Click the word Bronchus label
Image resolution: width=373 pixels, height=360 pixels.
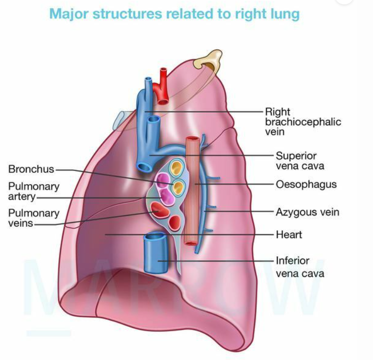tap(31, 169)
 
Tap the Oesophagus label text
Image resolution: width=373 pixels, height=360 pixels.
tap(306, 185)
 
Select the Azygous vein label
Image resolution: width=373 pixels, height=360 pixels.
tap(307, 212)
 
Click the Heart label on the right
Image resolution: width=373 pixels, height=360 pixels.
tap(289, 235)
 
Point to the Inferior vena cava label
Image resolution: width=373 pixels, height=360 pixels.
tap(300, 267)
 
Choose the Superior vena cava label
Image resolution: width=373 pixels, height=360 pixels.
tap(300, 161)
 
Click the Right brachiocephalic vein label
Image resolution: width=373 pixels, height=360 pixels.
tap(303, 121)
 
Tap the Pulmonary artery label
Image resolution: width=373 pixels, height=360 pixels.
tap(34, 191)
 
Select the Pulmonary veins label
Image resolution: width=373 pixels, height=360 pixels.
tap(34, 218)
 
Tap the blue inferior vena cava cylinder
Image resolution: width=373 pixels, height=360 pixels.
tap(156, 253)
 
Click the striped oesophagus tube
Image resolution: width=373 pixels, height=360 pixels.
tap(192, 191)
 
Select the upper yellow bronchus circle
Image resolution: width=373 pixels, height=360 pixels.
tap(176, 167)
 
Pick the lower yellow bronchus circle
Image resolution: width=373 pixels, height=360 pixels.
tap(178, 188)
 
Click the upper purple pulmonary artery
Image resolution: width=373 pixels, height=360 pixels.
tap(163, 180)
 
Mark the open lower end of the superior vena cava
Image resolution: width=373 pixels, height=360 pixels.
tap(144, 167)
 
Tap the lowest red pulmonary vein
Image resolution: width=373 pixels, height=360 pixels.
tap(175, 223)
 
